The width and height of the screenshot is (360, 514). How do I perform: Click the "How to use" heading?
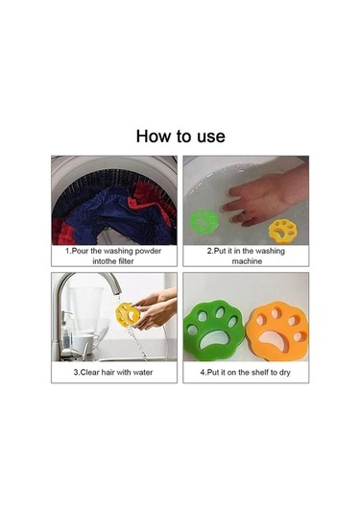(180, 136)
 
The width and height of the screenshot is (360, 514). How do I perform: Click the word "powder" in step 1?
(148, 252)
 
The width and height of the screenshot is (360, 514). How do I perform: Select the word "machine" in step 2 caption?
(247, 261)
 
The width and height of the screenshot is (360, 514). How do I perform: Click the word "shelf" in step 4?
(260, 372)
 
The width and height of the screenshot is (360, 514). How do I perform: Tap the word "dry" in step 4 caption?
(284, 373)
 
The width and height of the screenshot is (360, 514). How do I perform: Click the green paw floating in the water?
(204, 222)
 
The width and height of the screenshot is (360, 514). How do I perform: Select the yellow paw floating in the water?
(281, 232)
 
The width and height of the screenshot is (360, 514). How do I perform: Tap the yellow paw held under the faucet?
(128, 315)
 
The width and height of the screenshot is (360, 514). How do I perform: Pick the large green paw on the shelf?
(214, 330)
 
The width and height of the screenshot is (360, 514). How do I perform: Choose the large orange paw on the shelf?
(277, 330)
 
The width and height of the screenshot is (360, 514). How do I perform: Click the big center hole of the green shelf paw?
(213, 338)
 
